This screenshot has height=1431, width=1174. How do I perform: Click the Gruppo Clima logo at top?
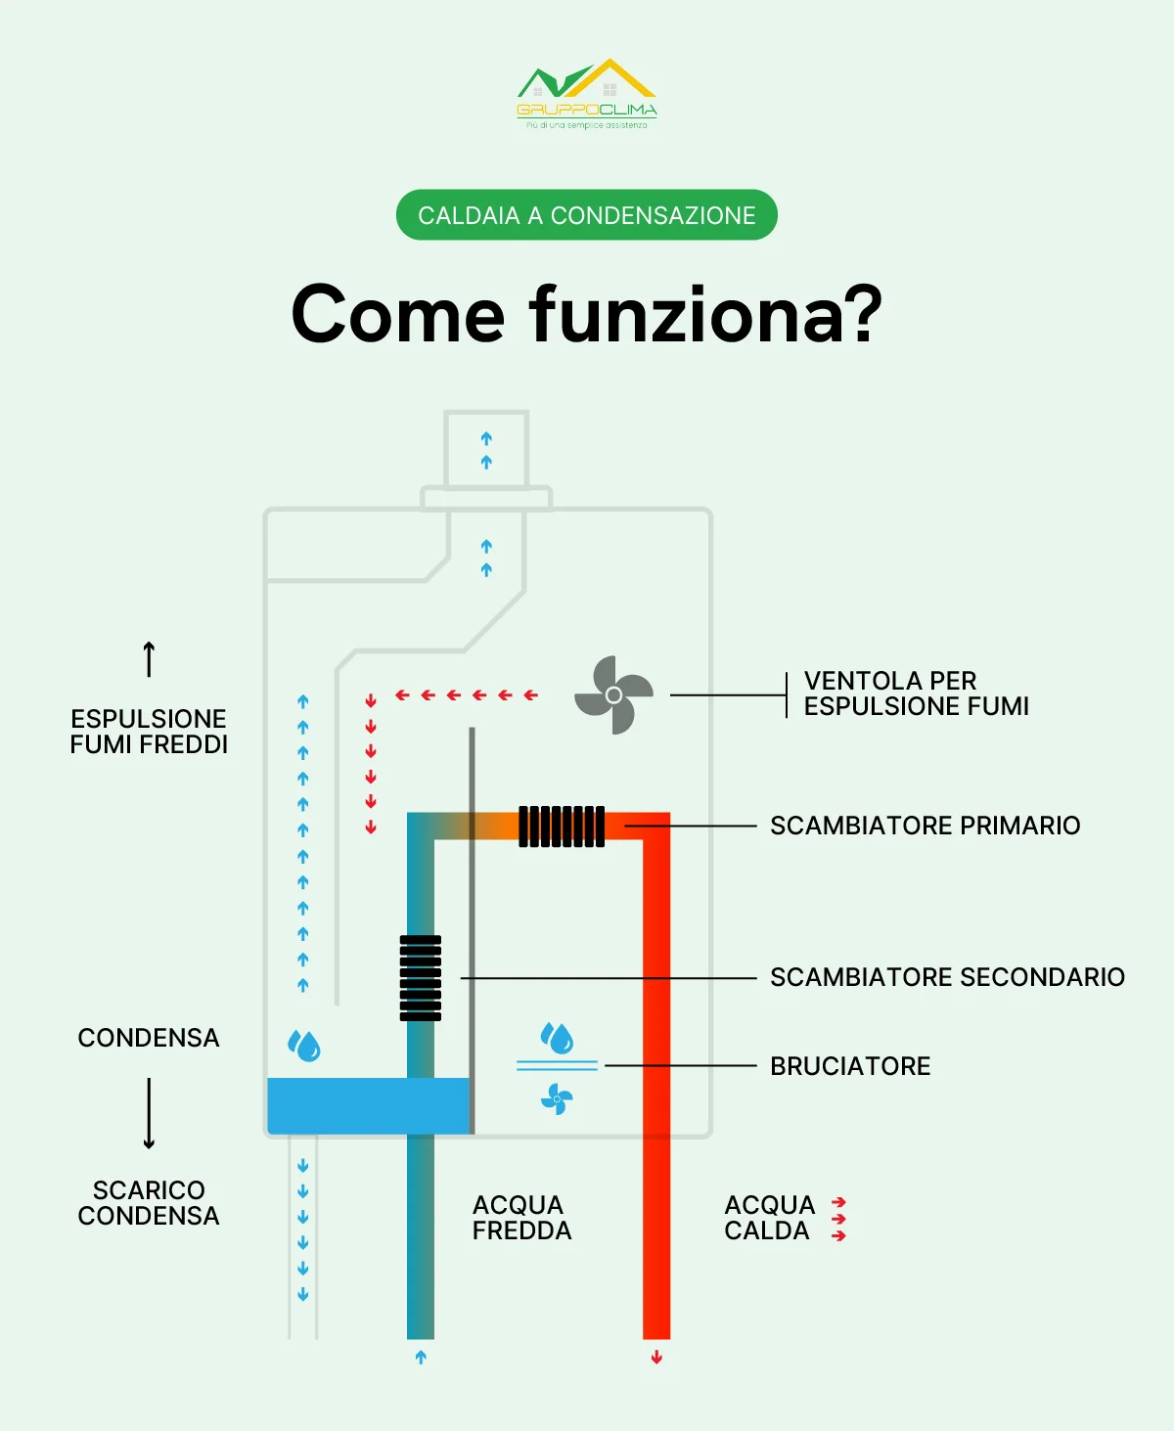coord(587,93)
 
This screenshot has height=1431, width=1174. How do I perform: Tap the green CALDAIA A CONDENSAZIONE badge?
coord(587,215)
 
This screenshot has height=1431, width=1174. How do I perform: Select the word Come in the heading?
coord(397,315)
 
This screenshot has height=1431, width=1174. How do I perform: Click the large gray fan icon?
coord(613,694)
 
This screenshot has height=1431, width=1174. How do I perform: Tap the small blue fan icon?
coord(557,1099)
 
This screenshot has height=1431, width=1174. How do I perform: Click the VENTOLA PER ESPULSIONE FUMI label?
coord(916,693)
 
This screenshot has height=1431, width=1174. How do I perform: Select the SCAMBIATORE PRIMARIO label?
coord(925,826)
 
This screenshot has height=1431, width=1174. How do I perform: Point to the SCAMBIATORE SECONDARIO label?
coord(947,977)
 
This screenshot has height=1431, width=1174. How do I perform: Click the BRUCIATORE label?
coord(850,1066)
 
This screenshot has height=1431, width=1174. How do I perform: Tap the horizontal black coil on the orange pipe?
coord(561,827)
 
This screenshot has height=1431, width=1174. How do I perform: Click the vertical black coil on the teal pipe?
coord(421,978)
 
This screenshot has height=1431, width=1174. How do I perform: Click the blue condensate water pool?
coord(369,1105)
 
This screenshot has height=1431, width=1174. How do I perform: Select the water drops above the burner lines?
coord(557,1038)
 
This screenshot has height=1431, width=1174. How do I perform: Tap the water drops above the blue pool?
coord(304,1046)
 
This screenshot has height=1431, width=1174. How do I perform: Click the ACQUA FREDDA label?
coord(521,1218)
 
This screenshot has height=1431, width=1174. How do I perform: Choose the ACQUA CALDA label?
coord(769,1218)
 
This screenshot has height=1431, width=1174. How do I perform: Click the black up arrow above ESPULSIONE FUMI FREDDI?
coord(149,659)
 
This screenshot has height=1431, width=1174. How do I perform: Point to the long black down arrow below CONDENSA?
coord(149,1113)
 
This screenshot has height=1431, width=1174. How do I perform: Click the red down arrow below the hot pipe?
coord(656,1358)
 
